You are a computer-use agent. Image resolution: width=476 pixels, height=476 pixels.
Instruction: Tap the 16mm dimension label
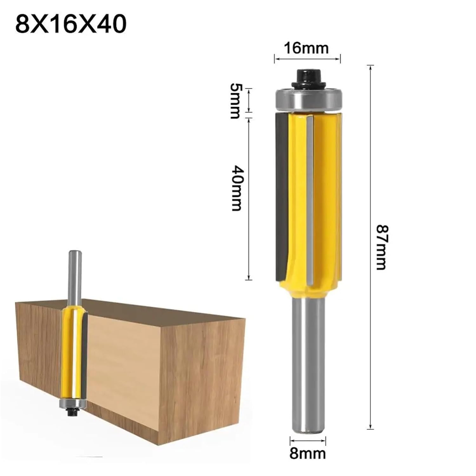click(x=306, y=48)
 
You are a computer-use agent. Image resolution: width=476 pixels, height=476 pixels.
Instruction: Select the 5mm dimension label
click(x=235, y=101)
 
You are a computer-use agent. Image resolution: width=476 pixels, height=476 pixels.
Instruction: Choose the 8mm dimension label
click(x=307, y=453)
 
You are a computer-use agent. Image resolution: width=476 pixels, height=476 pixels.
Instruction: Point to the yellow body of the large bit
click(x=324, y=197)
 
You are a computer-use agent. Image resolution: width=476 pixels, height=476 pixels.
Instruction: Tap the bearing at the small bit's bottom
click(x=73, y=403)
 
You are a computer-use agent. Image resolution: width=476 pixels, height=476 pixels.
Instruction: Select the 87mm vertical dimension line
click(x=370, y=248)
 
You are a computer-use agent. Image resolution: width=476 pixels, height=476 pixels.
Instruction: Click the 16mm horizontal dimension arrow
click(x=307, y=59)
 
